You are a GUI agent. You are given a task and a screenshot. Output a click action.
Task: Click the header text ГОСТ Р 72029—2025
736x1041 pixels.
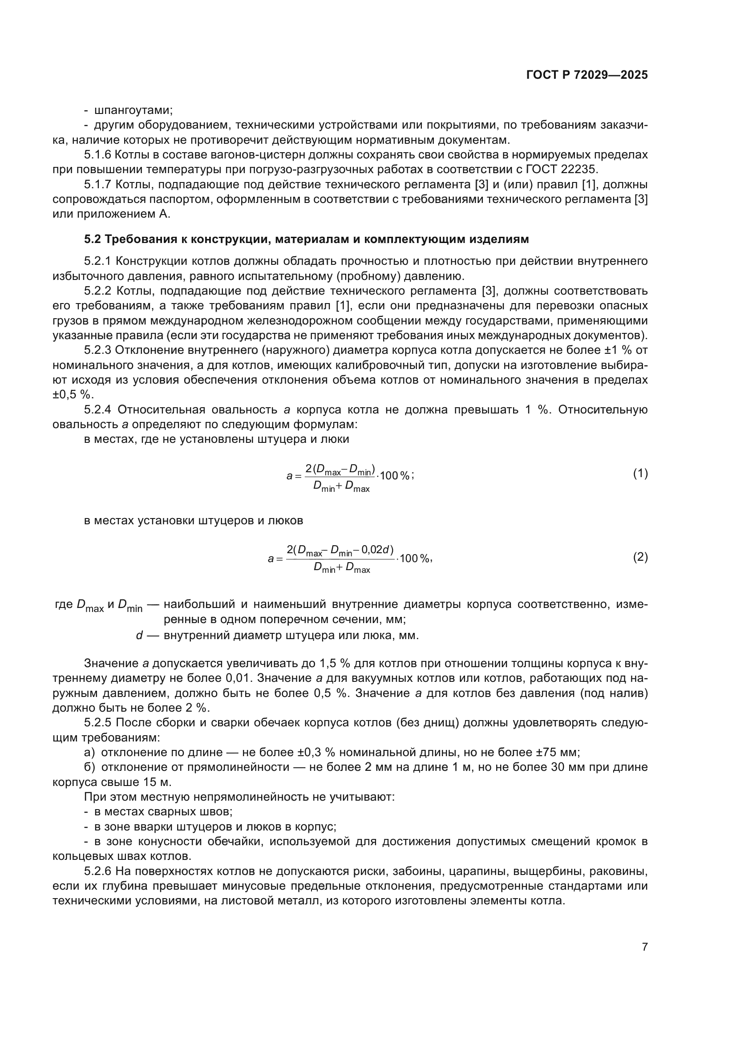[587, 75]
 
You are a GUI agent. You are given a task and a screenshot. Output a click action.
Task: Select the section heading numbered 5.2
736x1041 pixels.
[306, 239]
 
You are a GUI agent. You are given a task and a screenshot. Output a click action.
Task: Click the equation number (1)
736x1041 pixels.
[640, 474]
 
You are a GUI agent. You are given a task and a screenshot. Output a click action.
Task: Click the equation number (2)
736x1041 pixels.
[640, 557]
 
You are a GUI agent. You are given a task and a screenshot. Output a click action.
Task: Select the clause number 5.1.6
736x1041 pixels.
[97, 154]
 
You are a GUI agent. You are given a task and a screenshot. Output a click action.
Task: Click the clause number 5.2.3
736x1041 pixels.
[97, 350]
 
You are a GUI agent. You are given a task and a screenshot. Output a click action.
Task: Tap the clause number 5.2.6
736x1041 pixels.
[97, 871]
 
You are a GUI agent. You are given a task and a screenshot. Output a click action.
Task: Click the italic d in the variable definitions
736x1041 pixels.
[139, 636]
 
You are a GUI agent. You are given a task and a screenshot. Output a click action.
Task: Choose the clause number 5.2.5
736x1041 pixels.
[97, 723]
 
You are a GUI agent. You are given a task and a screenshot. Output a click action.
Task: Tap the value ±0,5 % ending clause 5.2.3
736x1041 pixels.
[73, 394]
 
